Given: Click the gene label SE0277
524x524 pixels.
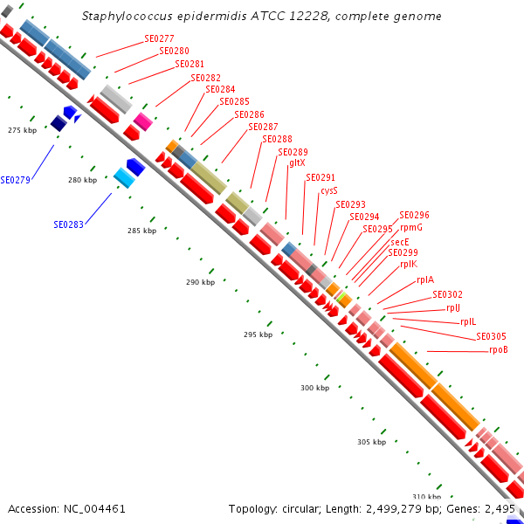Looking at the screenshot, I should coord(159,39).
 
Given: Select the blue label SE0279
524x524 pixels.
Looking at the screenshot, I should coord(16,181).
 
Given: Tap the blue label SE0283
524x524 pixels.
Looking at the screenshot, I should coord(68,224).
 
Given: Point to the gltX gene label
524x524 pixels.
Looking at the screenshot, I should coord(297,163).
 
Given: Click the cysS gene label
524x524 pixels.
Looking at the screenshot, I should coord(328,190).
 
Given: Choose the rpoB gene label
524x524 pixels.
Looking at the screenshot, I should coord(499,350).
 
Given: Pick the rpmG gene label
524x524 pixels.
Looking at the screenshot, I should coord(411,227).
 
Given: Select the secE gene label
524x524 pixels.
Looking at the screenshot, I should coord(400,242).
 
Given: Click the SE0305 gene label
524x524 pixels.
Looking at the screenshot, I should coord(491,337).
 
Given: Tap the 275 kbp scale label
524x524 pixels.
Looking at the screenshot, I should coord(22,130).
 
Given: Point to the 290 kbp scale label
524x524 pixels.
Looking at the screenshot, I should coord(200,283).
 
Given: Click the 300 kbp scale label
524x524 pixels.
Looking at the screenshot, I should coord(314,388).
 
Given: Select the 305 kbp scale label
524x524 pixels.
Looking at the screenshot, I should coord(371,442).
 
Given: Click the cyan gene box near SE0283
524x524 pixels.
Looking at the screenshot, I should coord(124,177).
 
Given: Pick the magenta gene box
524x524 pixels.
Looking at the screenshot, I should coord(142,121).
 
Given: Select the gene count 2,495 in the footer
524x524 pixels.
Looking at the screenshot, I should coord(500,508).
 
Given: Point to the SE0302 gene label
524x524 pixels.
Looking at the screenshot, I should coord(448,294).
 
